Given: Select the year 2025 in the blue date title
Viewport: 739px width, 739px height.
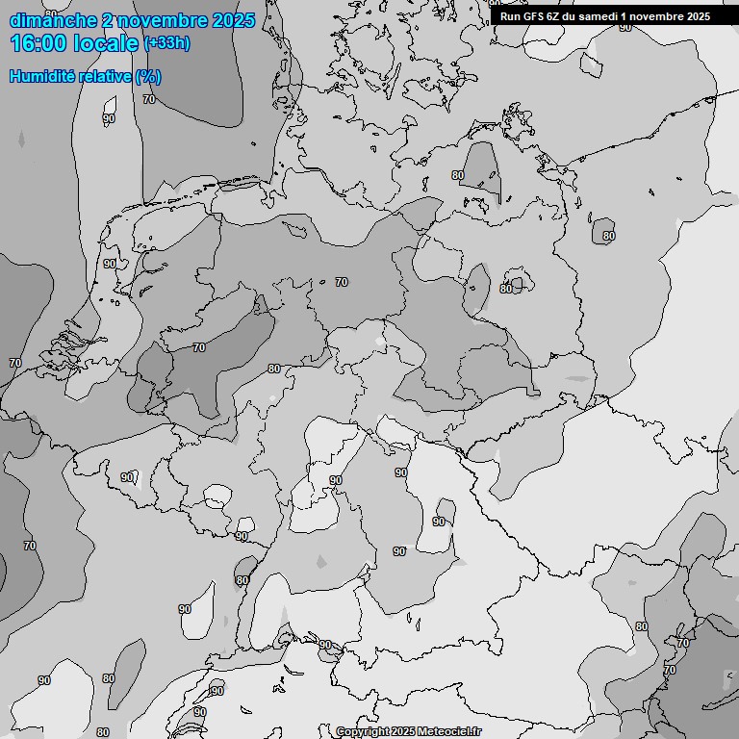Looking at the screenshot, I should pos(233,20).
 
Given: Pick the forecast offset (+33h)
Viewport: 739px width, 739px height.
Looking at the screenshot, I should pos(166,43).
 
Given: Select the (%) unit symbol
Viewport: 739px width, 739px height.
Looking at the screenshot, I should pos(148,77).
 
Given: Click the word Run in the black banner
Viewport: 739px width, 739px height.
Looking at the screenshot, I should pos(509,16).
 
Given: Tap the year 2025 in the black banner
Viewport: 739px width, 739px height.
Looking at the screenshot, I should pos(699,16).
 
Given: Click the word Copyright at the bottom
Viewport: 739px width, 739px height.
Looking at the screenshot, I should pos(363,731).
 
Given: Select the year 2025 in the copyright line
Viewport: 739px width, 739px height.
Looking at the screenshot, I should pos(403,731).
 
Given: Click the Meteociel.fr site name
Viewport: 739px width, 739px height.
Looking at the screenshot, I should pos(449,731).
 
